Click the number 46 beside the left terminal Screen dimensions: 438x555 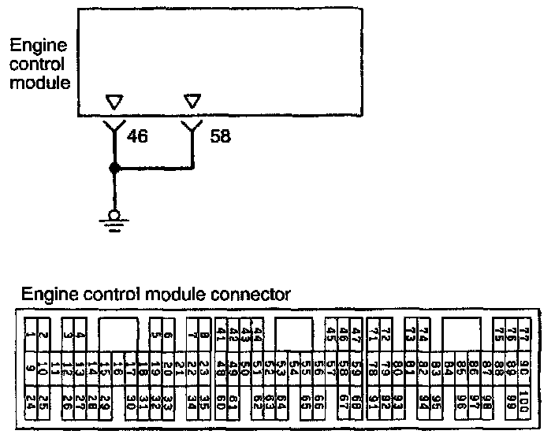coord(137,135)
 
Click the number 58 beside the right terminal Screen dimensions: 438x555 coord(222,135)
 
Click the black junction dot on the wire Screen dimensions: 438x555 coord(114,167)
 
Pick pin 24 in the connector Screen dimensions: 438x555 coord(29,400)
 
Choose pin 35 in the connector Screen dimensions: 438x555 coord(203,400)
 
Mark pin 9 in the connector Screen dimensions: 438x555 coord(29,367)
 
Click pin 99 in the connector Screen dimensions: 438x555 coord(512,400)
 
